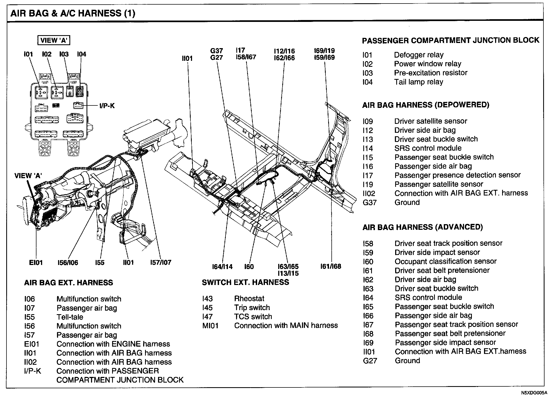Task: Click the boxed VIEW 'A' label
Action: point(53,41)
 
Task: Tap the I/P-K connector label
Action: point(107,106)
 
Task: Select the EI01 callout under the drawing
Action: point(36,263)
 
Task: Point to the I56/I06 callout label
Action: point(68,263)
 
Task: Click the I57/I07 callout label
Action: point(160,262)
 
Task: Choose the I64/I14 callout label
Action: point(222,267)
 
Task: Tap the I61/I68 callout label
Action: point(331,266)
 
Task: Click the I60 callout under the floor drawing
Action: point(249,267)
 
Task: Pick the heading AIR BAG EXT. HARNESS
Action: point(69,283)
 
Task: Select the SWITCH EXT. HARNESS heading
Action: point(245,283)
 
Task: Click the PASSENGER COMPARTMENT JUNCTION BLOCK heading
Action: point(450,41)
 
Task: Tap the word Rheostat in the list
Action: point(249,298)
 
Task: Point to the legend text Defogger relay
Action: point(418,55)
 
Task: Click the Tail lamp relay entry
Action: point(418,82)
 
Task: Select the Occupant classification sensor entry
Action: point(445,261)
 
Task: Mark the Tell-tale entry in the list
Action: point(70,317)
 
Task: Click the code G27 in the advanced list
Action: point(369,361)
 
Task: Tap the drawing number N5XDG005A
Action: point(533,393)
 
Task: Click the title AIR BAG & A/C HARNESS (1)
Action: point(73,13)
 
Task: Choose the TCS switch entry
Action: point(253,317)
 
